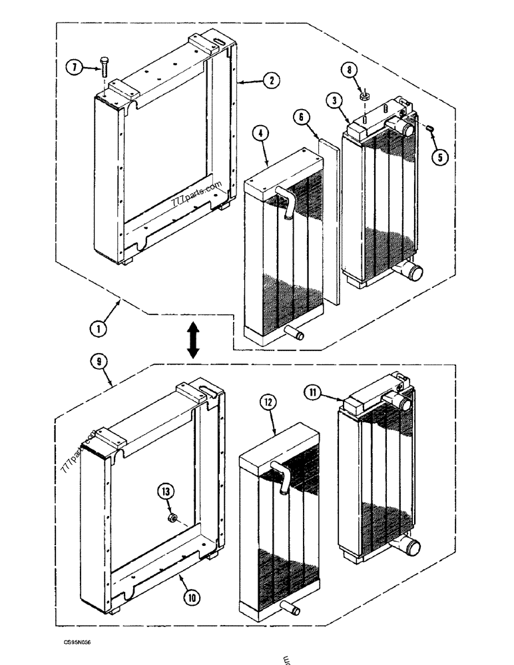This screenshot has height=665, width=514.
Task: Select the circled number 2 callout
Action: [x=270, y=81]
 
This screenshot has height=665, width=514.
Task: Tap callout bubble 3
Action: [x=334, y=100]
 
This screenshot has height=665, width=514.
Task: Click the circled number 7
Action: [x=75, y=67]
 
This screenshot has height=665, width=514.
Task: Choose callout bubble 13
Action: [x=166, y=492]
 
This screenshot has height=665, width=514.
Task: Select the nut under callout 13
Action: [x=172, y=517]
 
